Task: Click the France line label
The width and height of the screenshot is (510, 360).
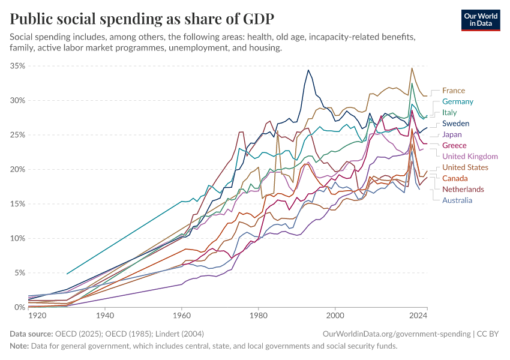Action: click(x=453, y=91)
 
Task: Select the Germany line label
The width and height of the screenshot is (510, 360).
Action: click(x=458, y=101)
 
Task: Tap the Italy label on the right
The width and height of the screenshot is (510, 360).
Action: click(x=449, y=112)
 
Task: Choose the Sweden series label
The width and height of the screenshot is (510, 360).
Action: click(x=455, y=124)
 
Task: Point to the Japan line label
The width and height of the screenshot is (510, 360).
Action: click(x=452, y=134)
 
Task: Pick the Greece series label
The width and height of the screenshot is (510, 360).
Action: click(x=454, y=145)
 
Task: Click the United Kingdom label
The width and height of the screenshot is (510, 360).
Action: click(x=470, y=157)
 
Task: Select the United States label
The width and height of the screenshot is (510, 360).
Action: click(x=465, y=167)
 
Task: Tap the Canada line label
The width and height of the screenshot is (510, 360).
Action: click(x=455, y=178)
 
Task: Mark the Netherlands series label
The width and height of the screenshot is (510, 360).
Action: click(x=463, y=190)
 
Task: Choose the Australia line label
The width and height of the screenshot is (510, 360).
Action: click(x=458, y=200)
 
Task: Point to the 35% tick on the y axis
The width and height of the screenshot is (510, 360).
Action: click(x=17, y=66)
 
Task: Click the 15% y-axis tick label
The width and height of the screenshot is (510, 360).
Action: click(x=17, y=204)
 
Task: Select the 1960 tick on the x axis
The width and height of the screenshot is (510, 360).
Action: click(x=182, y=314)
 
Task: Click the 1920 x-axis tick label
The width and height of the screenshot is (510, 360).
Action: click(x=37, y=314)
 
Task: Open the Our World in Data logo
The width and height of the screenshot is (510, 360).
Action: click(x=480, y=19)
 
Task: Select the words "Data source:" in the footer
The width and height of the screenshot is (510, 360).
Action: click(x=31, y=333)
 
